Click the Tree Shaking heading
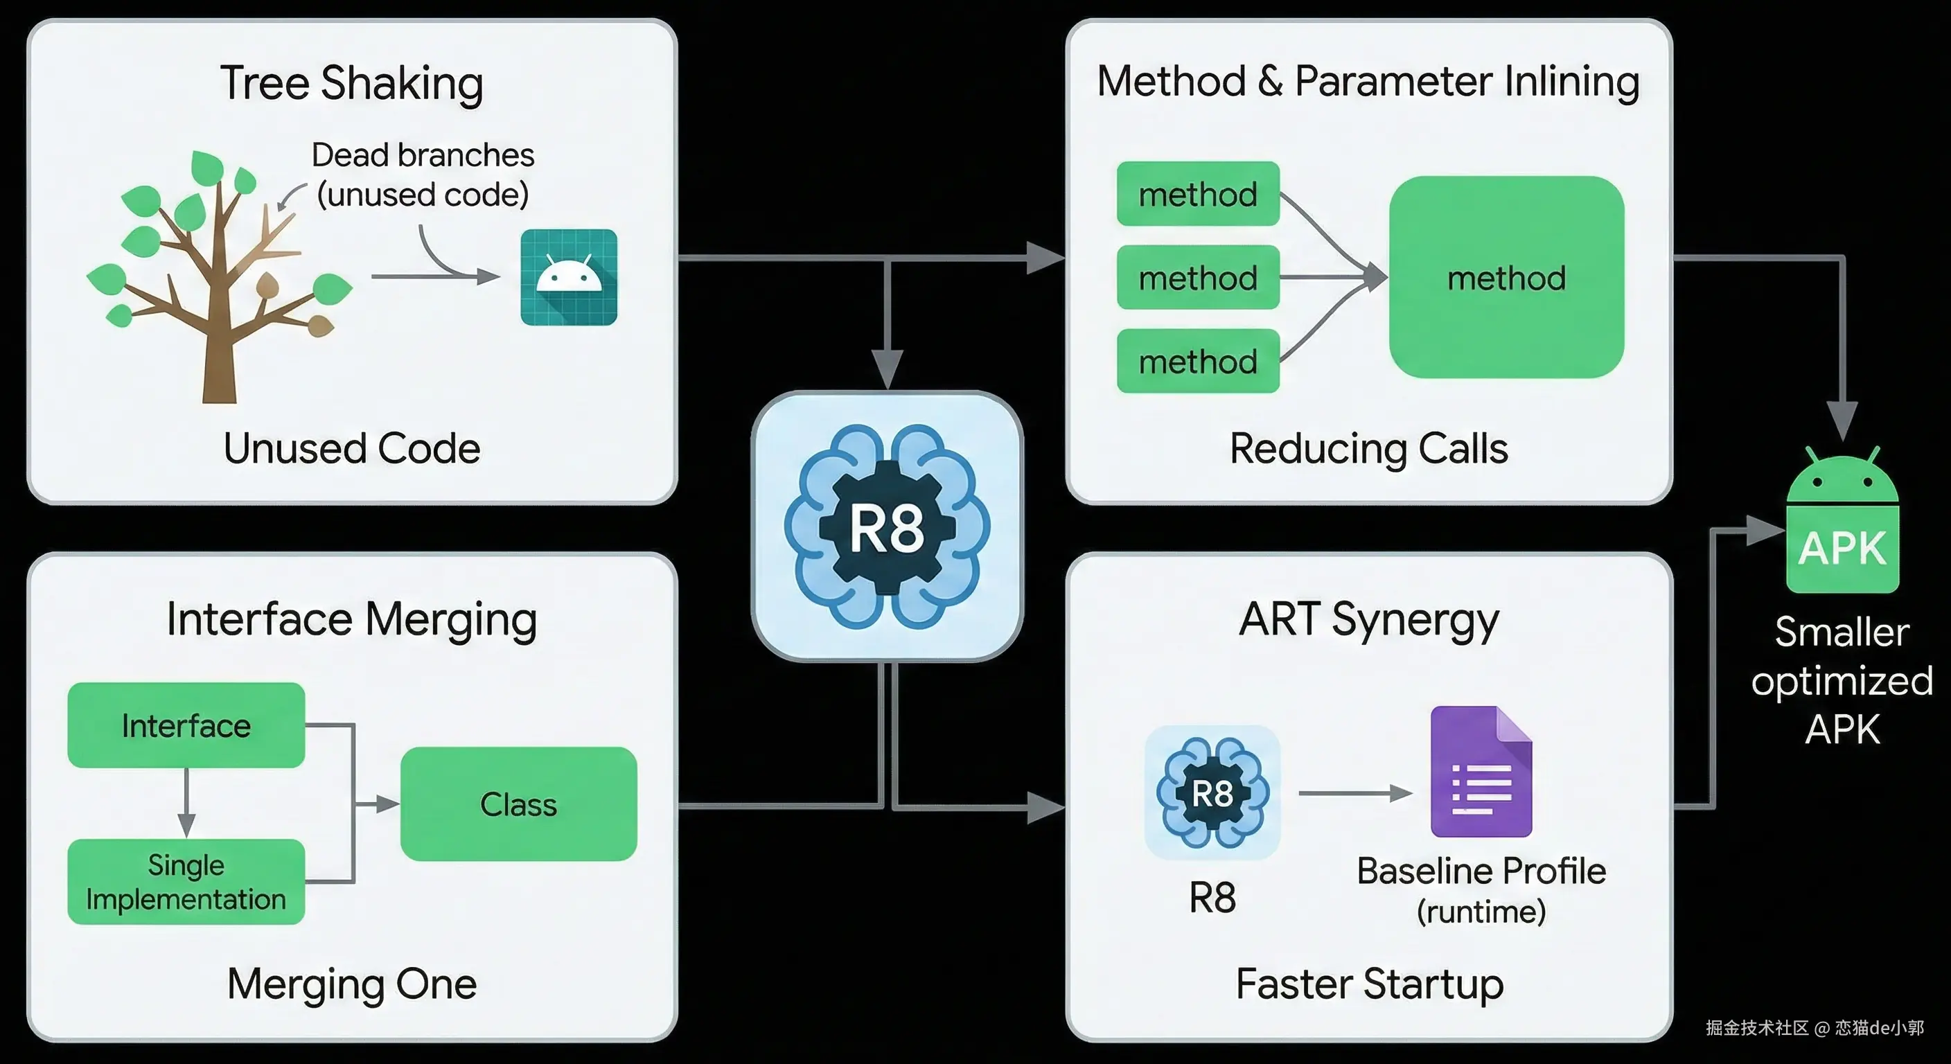point(351,83)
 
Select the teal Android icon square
point(569,277)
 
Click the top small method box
point(1197,194)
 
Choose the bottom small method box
point(1197,361)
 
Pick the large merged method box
point(1506,277)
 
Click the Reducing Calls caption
point(1368,448)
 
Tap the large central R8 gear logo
point(887,527)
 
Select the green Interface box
point(186,725)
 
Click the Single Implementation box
point(186,882)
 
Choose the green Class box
point(518,804)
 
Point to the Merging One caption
point(351,984)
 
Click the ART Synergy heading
point(1368,619)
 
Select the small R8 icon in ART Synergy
point(1212,793)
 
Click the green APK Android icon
point(1842,530)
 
